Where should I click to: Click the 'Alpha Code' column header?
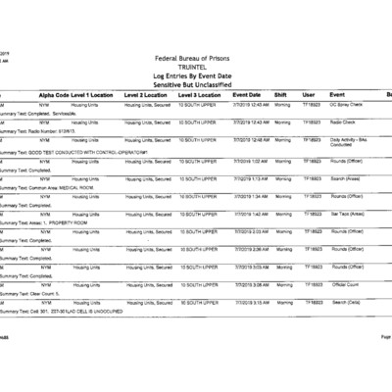pyautogui.click(x=53, y=94)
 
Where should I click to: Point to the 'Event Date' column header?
pyautogui.click(x=246, y=94)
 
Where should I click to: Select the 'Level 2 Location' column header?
pyautogui.click(x=146, y=94)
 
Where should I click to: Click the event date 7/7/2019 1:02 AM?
pyautogui.click(x=251, y=161)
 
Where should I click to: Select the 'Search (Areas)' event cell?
pyautogui.click(x=348, y=178)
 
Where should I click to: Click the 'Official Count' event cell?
pyautogui.click(x=347, y=284)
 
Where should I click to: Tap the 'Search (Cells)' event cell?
pyautogui.click(x=348, y=302)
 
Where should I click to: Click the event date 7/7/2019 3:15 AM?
pyautogui.click(x=251, y=302)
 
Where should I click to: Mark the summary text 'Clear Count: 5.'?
pyautogui.click(x=39, y=293)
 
